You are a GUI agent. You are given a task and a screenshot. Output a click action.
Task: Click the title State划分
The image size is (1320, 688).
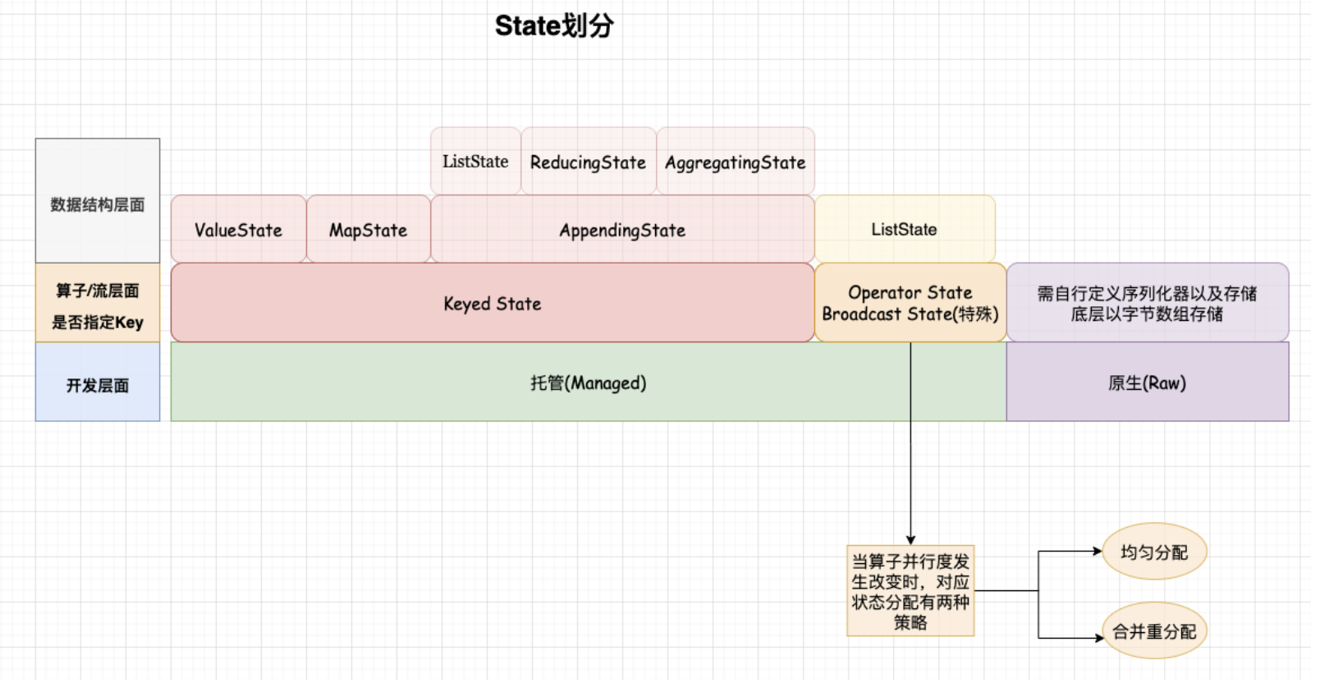(554, 26)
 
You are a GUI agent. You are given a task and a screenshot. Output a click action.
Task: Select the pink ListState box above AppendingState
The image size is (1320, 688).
(475, 162)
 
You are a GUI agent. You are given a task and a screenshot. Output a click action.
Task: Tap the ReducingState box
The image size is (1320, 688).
(588, 163)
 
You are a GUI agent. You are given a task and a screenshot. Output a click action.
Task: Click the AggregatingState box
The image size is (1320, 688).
(735, 163)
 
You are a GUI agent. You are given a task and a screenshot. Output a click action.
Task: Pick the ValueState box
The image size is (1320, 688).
(238, 230)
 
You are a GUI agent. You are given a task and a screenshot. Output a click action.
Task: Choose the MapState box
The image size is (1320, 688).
(368, 230)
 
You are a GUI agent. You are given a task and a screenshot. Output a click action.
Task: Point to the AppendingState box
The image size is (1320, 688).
(622, 230)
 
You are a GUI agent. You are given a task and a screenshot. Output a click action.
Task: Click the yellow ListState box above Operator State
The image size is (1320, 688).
(904, 230)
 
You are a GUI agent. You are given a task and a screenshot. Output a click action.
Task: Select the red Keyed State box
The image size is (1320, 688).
(492, 304)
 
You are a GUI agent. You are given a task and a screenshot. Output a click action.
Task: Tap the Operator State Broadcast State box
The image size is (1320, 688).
(910, 304)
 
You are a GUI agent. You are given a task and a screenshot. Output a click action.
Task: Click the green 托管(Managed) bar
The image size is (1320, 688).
(588, 383)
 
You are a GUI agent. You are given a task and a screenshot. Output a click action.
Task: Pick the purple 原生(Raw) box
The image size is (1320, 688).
(1147, 383)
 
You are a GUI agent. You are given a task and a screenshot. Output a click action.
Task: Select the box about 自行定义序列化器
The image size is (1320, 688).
(1147, 304)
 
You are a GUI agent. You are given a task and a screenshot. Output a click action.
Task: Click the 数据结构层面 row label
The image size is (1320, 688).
(97, 204)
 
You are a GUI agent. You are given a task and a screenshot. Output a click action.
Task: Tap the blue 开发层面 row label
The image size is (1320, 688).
(97, 384)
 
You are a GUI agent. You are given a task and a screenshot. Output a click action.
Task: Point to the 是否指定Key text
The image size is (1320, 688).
(97, 323)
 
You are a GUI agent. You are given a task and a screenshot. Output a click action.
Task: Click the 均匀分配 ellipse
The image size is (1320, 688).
(1153, 553)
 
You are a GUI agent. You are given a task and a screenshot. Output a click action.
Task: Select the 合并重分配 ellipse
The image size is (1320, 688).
(1153, 631)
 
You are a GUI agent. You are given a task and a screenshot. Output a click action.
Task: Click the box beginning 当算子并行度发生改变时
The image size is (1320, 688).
(910, 591)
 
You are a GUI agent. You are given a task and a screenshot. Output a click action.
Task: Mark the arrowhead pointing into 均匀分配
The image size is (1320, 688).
(1098, 552)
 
